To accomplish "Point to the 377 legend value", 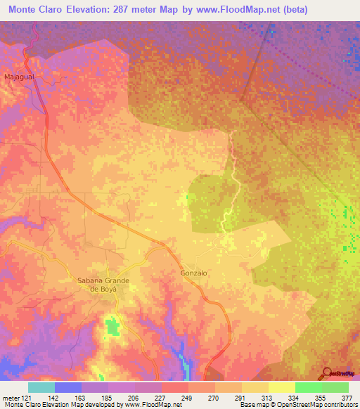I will tap(347, 398).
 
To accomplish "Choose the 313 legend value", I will tap(255, 398).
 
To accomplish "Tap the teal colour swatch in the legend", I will tap(41, 387).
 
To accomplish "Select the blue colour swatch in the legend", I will tap(68, 387).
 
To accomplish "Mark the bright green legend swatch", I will tap(309, 387).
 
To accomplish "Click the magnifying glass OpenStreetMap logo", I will tap(328, 372).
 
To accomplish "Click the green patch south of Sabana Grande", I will tap(110, 327).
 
